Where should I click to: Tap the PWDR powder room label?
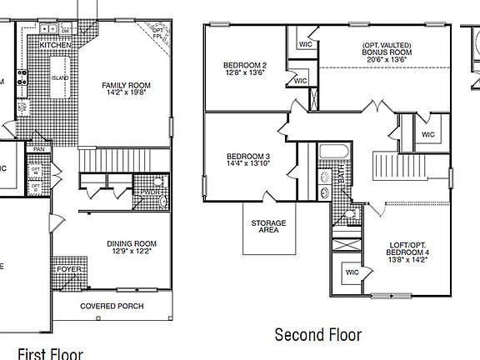151,191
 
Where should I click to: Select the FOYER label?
67,270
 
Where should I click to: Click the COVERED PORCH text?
111,306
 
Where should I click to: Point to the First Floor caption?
49,352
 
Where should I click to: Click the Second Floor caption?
318,335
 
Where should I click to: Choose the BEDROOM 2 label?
244,65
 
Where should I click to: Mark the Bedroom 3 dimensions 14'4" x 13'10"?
247,163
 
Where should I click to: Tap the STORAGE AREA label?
268,227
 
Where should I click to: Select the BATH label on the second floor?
341,174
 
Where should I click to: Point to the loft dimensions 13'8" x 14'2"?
408,259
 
